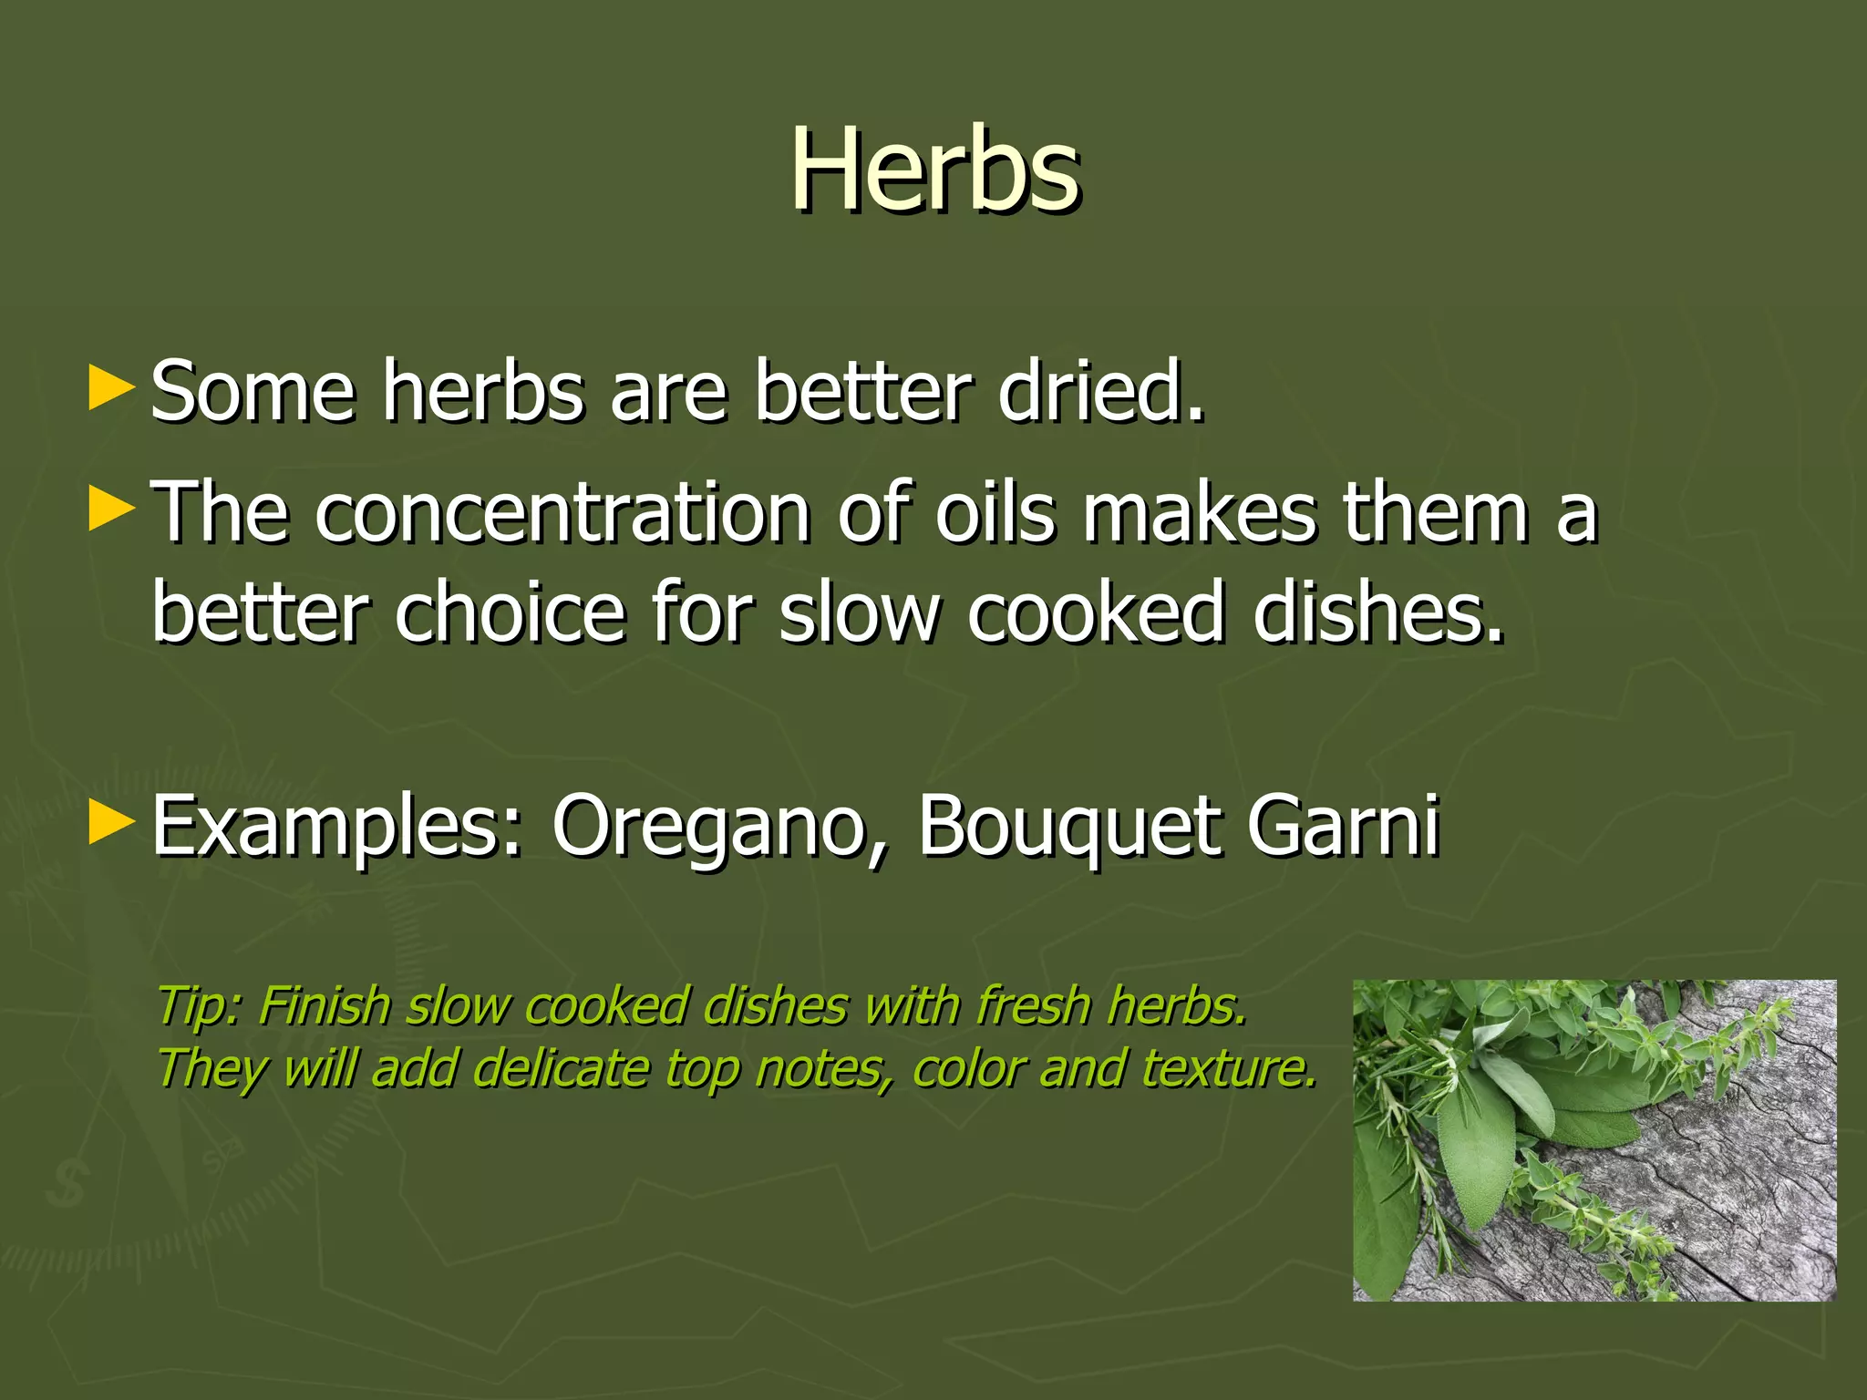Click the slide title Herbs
coord(934,170)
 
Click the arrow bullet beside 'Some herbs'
coord(111,389)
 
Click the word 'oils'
coord(995,512)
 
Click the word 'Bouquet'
coord(1068,826)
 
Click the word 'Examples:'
coord(336,826)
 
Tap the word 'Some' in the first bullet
coord(252,392)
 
